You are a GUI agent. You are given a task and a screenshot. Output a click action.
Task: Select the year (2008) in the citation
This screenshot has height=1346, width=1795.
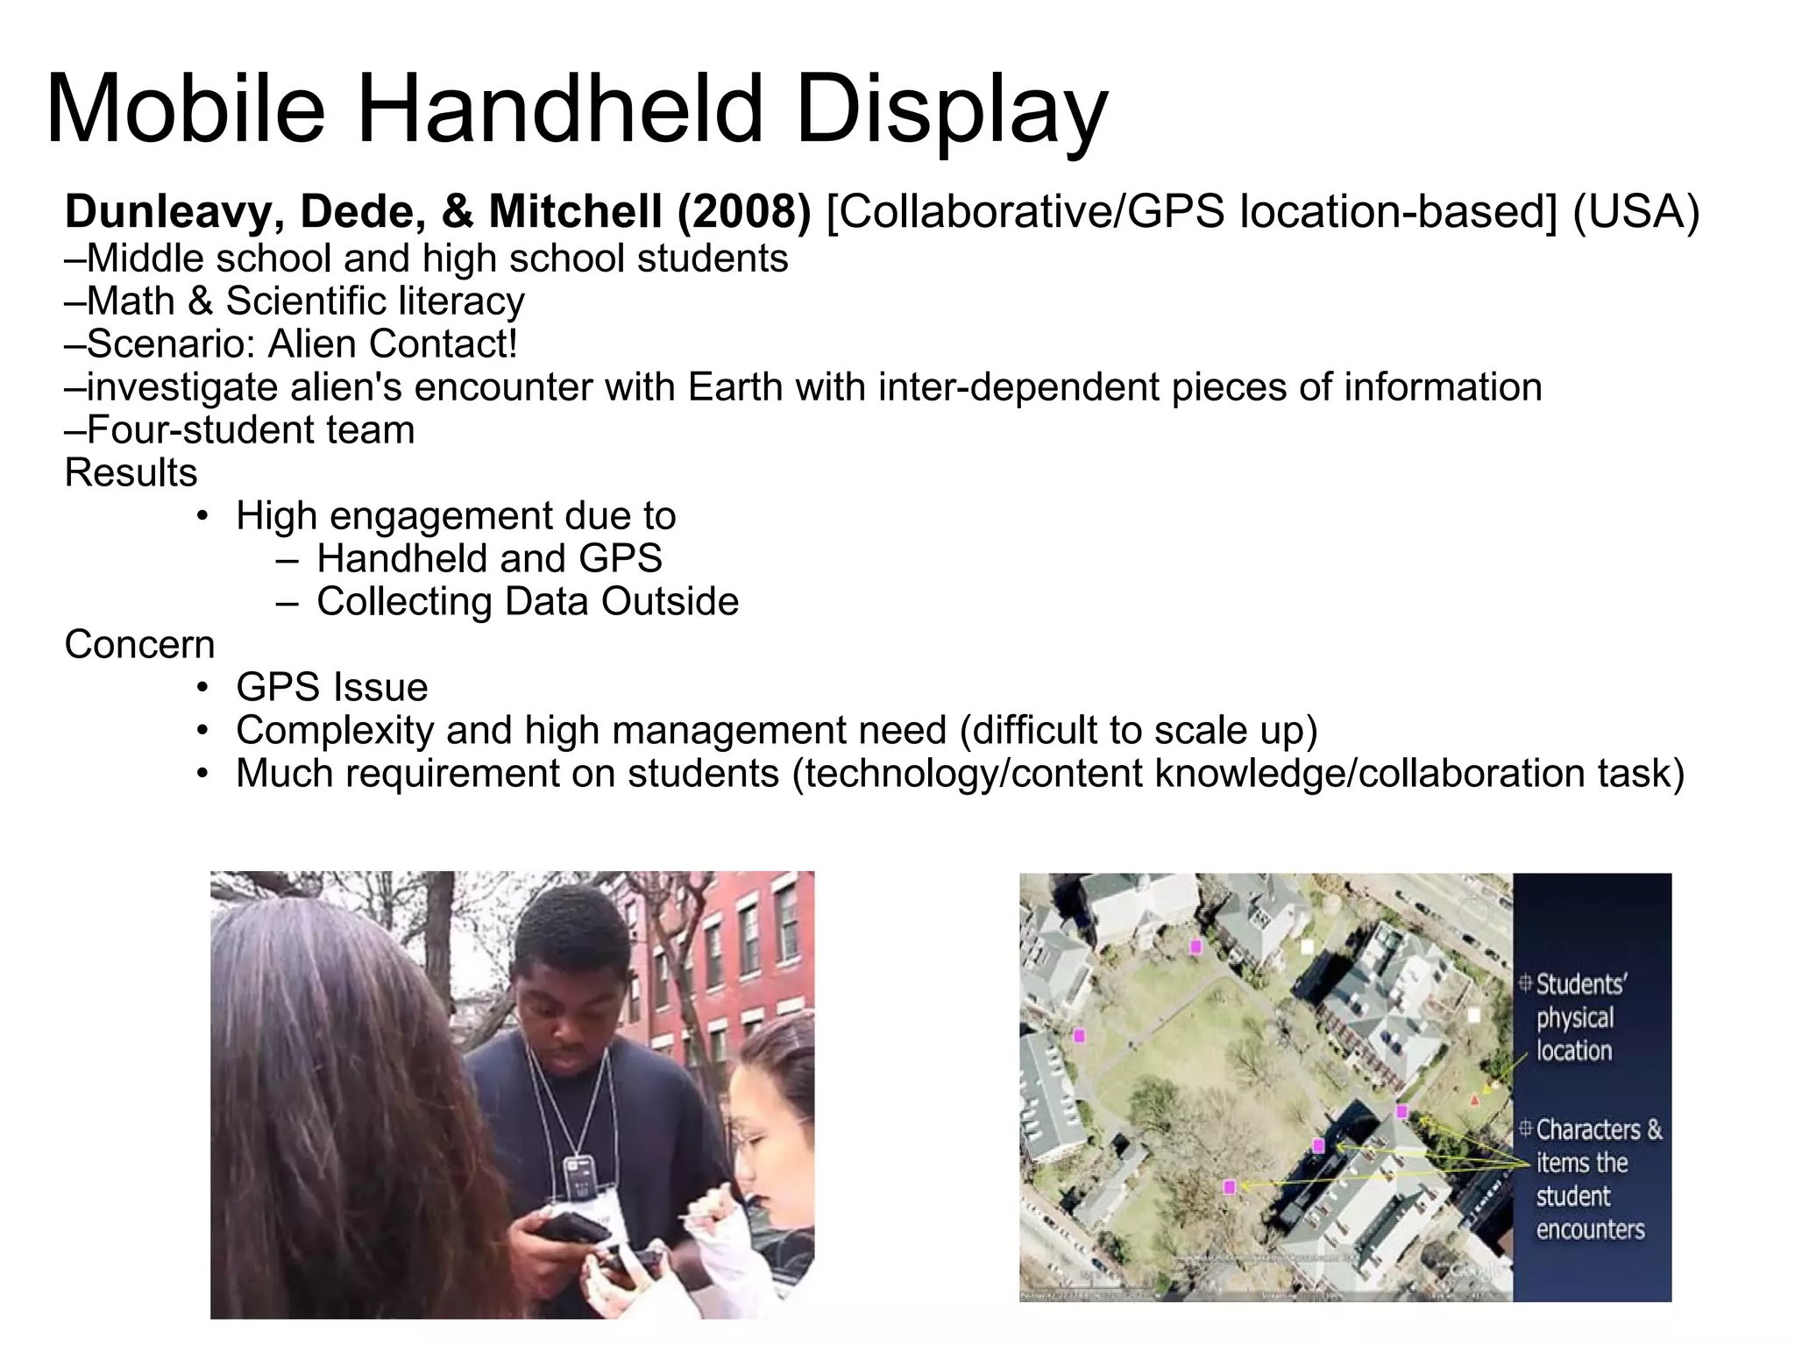coord(744,212)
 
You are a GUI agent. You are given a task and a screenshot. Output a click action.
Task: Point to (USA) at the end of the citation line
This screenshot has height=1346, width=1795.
coord(1635,212)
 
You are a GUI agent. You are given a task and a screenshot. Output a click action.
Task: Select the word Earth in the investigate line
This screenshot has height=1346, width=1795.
coord(734,386)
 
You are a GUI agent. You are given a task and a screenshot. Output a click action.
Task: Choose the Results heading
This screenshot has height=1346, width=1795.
coord(131,473)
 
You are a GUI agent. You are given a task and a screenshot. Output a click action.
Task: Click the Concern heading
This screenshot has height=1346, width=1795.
coord(140,645)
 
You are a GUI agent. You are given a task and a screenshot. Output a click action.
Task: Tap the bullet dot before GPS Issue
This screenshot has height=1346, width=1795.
coord(203,688)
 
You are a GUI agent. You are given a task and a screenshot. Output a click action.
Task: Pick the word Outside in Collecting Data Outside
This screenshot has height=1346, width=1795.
coord(670,602)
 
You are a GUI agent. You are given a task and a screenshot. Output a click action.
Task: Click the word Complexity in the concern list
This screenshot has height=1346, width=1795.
coord(335,731)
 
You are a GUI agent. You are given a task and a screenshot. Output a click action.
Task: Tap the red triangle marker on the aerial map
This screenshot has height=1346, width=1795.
coord(1474,1099)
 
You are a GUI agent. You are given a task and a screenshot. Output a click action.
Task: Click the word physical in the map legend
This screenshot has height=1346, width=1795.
coord(1574,1018)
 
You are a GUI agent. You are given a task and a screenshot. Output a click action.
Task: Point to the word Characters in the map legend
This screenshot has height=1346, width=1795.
coord(1586,1130)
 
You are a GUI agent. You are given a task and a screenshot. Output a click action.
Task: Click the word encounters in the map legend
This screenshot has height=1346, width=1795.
coord(1590,1229)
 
